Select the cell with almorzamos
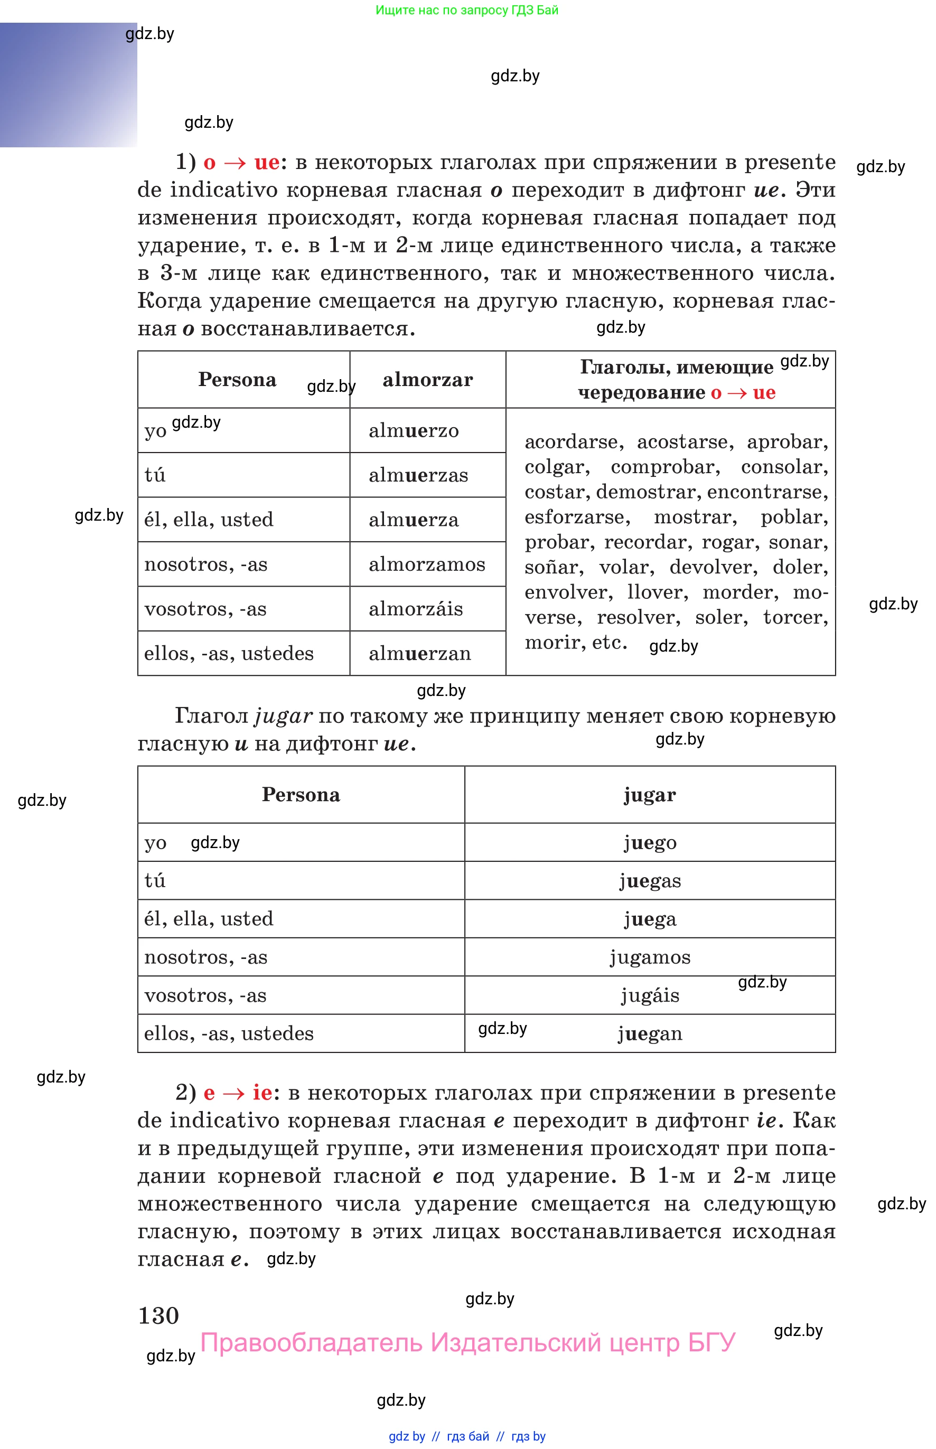pos(427,564)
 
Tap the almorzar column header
pos(427,380)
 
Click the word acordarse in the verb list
pos(573,441)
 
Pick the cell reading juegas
pos(650,880)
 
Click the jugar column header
pos(650,795)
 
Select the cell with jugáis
pos(650,995)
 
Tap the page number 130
pos(158,1315)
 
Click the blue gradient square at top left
pos(68,85)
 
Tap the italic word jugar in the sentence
pos(283,716)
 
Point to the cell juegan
pos(650,1033)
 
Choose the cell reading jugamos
pos(650,957)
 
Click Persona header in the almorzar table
pos(237,380)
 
